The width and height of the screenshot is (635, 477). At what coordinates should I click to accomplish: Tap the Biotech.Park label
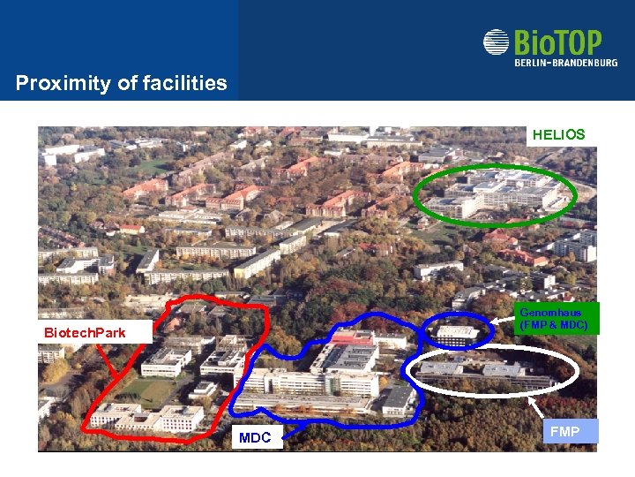(86, 333)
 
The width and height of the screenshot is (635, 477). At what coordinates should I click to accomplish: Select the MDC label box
(255, 437)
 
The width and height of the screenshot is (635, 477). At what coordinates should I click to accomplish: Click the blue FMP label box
(564, 431)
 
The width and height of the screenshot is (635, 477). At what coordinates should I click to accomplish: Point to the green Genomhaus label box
(557, 319)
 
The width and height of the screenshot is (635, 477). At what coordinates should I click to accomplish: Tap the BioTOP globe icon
(497, 42)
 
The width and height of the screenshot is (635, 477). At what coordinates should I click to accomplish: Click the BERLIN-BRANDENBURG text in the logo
(565, 62)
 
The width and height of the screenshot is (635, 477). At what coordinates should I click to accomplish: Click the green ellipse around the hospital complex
(417, 194)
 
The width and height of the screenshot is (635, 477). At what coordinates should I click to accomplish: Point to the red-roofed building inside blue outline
(353, 337)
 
